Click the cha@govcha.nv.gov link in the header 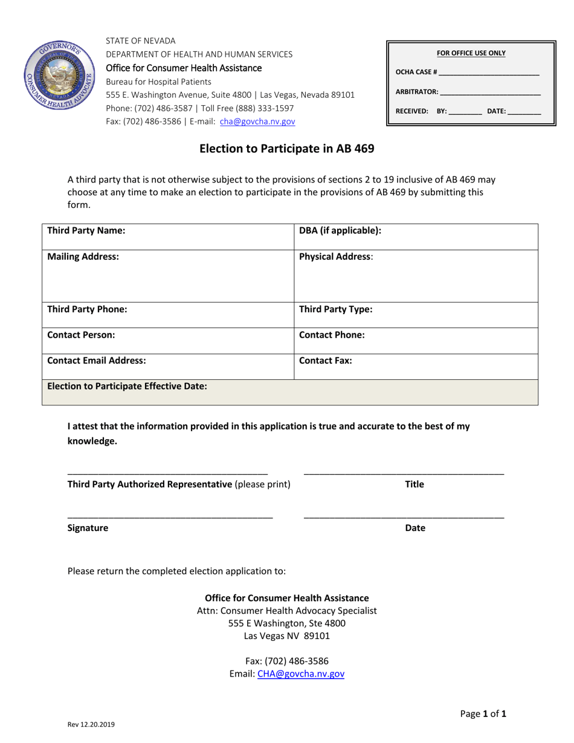257,121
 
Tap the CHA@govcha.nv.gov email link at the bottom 301,674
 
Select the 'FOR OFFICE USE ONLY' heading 471,53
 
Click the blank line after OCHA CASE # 489,72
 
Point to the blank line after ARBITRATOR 491,92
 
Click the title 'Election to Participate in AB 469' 287,149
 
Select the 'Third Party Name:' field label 86,231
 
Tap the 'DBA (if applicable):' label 340,231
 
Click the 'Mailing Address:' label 83,257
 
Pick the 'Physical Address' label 335,257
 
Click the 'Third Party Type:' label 336,309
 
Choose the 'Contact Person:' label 81,335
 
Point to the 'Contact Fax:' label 326,361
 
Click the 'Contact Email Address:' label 97,361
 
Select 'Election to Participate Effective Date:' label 127,386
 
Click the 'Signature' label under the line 88,528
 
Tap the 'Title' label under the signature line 414,484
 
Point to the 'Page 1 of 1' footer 483,714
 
